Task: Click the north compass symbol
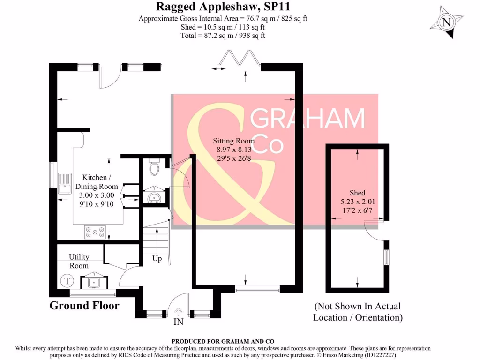[447, 22]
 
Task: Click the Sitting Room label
[234, 141]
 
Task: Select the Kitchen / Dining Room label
[97, 182]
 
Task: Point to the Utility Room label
[79, 261]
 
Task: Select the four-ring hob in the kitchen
[95, 232]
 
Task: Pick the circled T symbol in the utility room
[68, 281]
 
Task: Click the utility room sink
[92, 282]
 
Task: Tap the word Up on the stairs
[157, 258]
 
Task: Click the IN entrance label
[179, 322]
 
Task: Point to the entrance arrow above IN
[179, 311]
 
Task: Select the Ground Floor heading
[84, 306]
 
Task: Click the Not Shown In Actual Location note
[358, 312]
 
